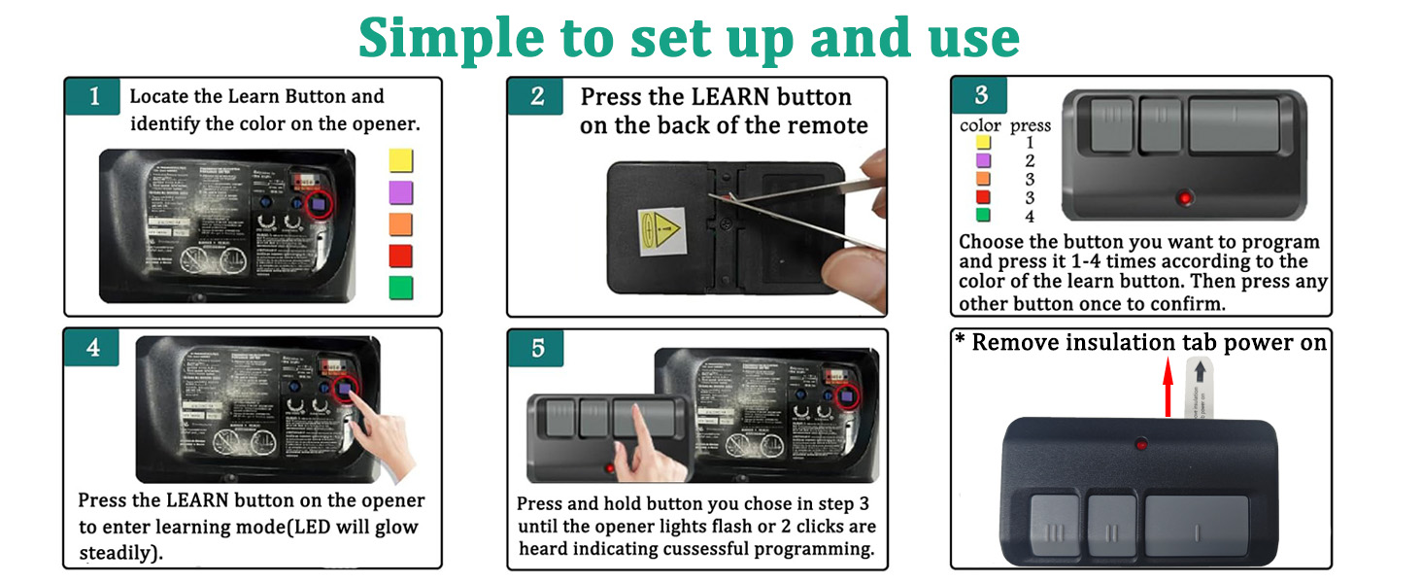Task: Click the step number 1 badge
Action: [x=94, y=97]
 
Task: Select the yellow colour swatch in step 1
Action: [x=400, y=160]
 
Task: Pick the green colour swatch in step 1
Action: [x=400, y=288]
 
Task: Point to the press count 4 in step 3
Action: [x=1030, y=217]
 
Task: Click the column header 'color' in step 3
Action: [x=980, y=125]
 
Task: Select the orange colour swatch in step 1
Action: [x=400, y=224]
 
